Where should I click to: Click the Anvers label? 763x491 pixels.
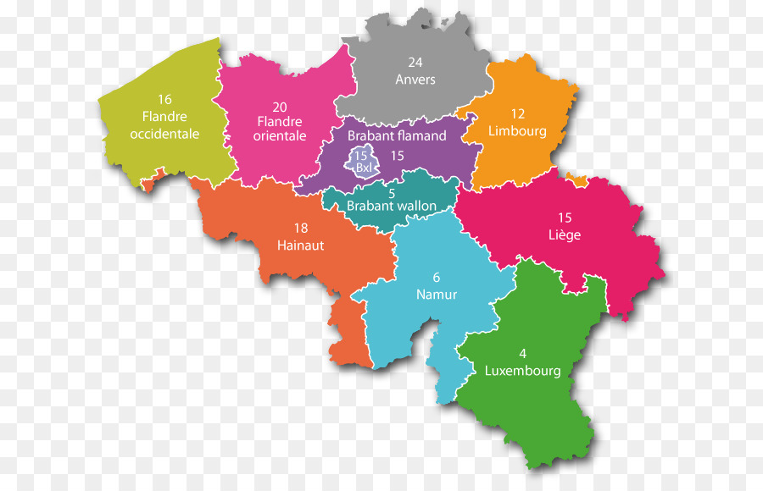415,79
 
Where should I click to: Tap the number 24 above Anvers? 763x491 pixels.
415,62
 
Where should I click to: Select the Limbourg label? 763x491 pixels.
517,131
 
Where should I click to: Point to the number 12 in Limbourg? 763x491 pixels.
518,113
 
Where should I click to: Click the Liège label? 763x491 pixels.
565,235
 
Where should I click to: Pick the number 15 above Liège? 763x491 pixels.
565,218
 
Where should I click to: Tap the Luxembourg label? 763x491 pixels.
523,371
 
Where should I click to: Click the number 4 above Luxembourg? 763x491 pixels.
523,354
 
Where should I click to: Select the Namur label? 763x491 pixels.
437,295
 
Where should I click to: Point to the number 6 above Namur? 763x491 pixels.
437,277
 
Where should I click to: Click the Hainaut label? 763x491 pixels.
300,245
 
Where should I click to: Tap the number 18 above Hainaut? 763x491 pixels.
300,228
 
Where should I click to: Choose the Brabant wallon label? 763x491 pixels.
392,206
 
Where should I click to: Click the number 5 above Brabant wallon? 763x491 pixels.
392,192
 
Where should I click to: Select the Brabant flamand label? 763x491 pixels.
397,135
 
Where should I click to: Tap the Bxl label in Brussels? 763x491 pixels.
364,168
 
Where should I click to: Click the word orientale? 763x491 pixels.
280,136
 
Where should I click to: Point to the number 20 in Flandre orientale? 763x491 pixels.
280,107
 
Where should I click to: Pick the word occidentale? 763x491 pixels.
164,134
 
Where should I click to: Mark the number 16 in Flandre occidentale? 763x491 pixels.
164,99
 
